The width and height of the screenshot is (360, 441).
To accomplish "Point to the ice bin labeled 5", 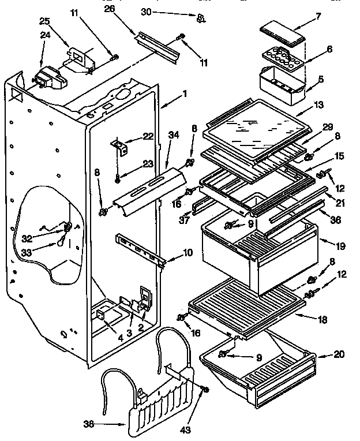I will tap(280, 87).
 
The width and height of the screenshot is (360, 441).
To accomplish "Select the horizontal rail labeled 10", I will tap(141, 246).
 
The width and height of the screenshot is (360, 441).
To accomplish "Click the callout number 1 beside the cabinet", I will tap(185, 94).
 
